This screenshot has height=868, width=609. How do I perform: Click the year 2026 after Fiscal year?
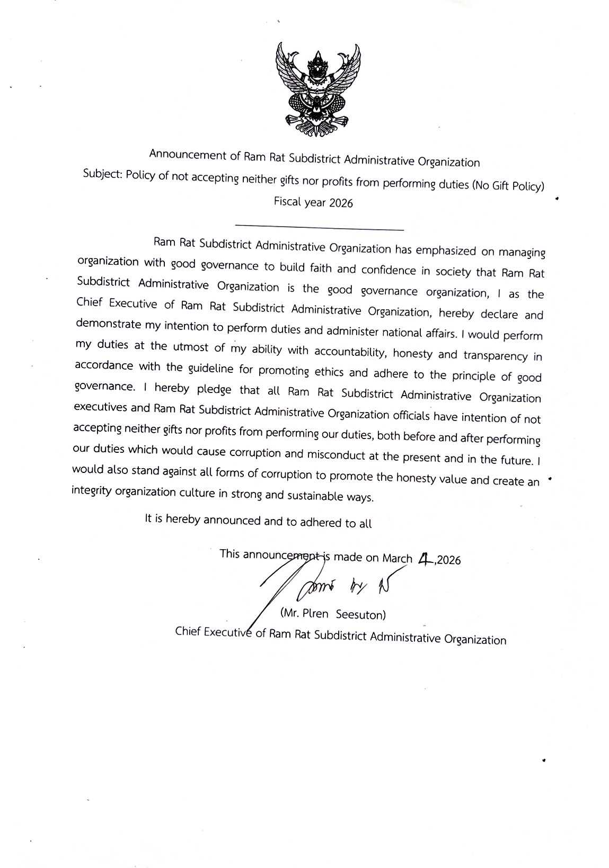coord(341,203)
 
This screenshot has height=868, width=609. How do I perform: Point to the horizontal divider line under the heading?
coord(319,228)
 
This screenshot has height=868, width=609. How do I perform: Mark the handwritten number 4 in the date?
coord(425,559)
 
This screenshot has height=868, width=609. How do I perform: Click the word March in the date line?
coord(397,558)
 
